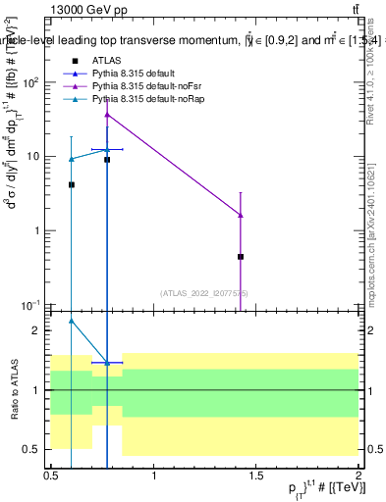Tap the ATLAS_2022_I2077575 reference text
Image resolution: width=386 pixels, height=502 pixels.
tap(204, 293)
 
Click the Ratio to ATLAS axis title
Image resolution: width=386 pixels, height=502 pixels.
tap(15, 389)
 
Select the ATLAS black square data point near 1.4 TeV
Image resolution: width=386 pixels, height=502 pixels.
tap(241, 256)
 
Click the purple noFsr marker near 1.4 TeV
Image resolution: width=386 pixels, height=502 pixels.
tap(241, 215)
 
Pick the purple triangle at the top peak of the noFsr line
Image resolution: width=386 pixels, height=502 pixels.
tap(107, 114)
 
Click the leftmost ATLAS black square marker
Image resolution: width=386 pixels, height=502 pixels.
tap(72, 184)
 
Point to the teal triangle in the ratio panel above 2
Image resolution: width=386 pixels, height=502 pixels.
tap(72, 320)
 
